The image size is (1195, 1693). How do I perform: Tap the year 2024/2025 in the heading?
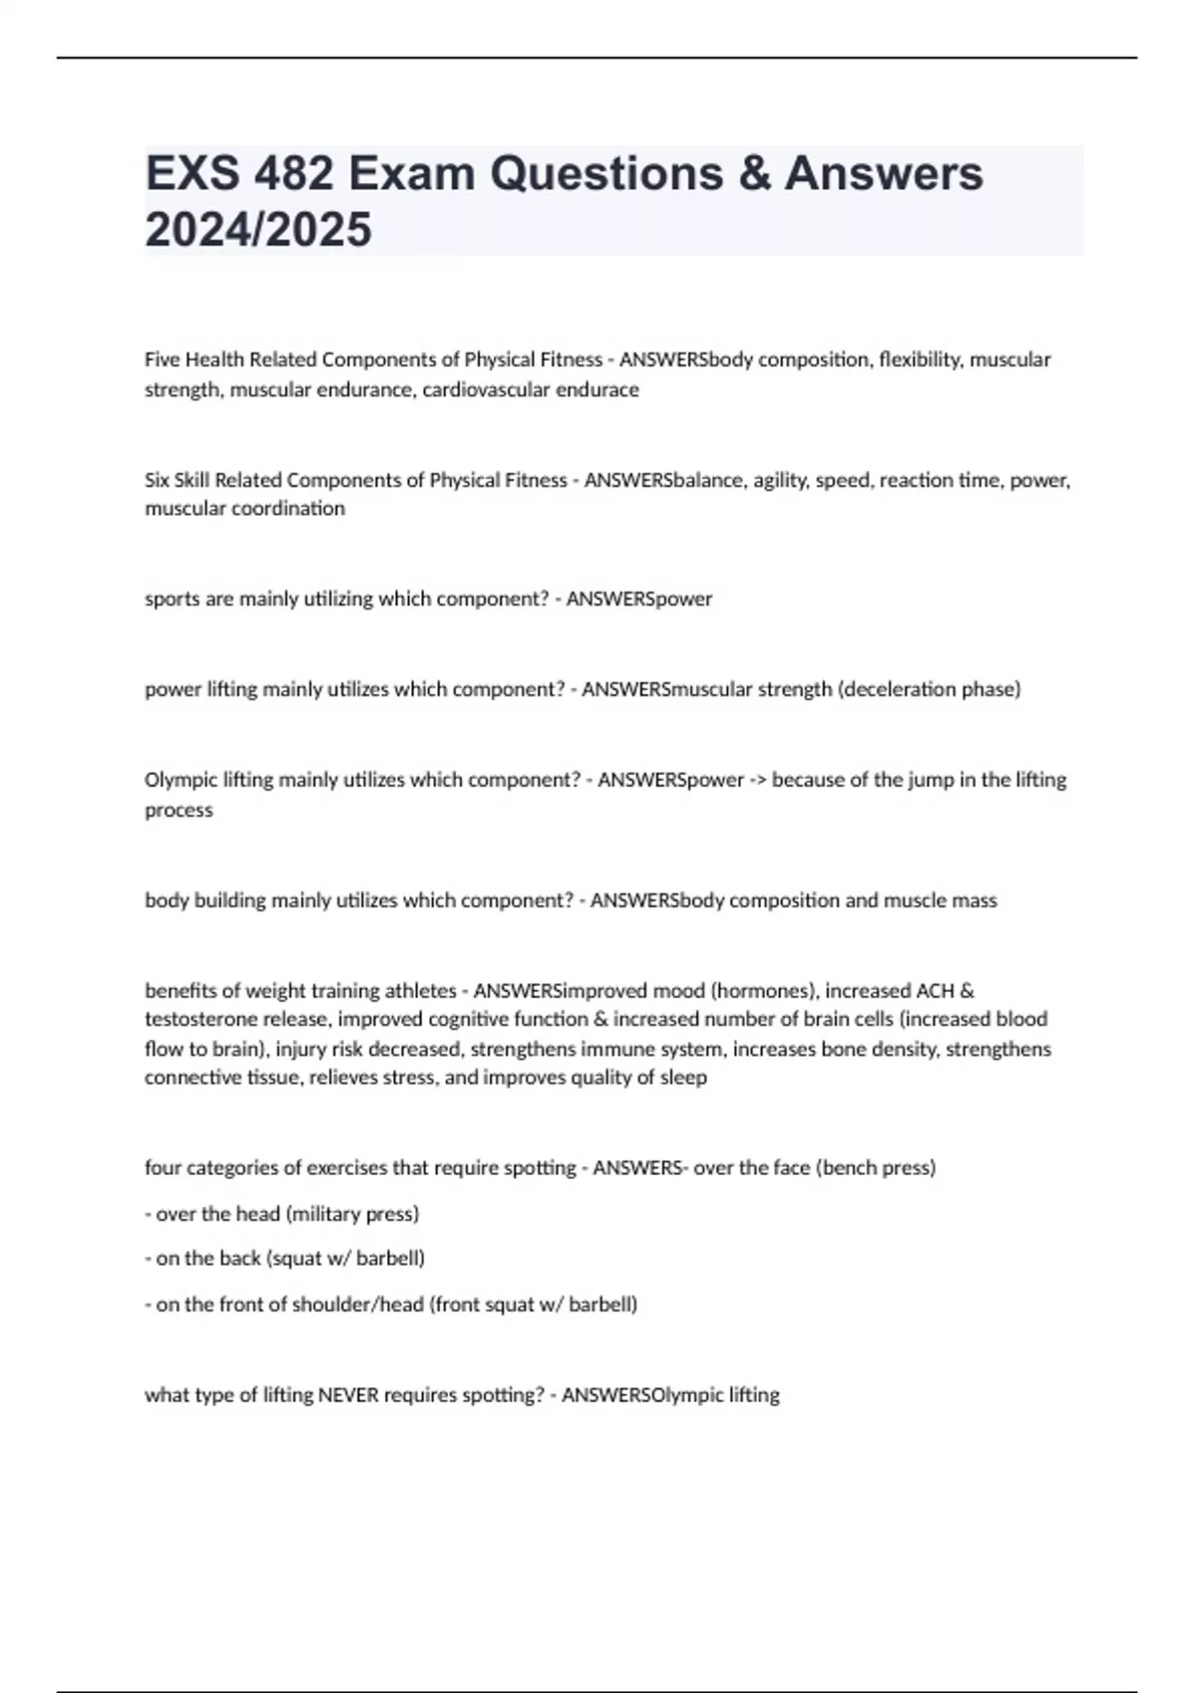[258, 229]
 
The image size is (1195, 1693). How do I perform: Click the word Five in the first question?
[162, 360]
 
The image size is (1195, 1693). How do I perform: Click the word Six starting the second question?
[157, 480]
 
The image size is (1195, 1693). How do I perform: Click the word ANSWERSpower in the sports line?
[639, 599]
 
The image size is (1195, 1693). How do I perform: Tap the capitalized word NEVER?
[348, 1395]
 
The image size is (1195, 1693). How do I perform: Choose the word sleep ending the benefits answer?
[684, 1078]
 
